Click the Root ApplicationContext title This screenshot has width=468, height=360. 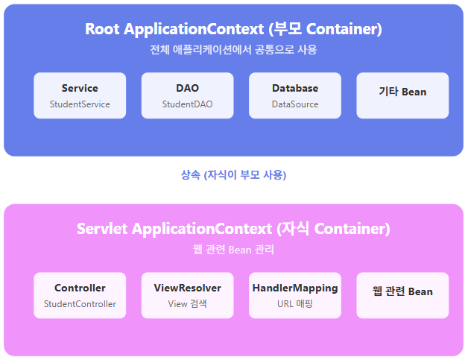pyautogui.click(x=233, y=30)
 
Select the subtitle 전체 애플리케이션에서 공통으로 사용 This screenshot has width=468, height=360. pyautogui.click(x=233, y=51)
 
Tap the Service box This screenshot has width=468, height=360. pyautogui.click(x=80, y=95)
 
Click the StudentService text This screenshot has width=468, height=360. pyautogui.click(x=80, y=104)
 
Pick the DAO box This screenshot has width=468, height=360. pyautogui.click(x=187, y=95)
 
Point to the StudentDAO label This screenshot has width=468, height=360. pyautogui.click(x=187, y=104)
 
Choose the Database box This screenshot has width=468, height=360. pyautogui.click(x=295, y=95)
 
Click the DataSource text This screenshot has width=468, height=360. pyautogui.click(x=295, y=104)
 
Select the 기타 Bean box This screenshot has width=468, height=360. pyautogui.click(x=402, y=95)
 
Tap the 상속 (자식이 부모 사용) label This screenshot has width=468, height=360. pyautogui.click(x=233, y=175)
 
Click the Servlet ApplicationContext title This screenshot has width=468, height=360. pyautogui.click(x=233, y=229)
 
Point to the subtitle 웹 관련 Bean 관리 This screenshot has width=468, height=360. pyautogui.click(x=233, y=250)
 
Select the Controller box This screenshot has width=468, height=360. pyautogui.click(x=80, y=295)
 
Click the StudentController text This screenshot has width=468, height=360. pyautogui.click(x=80, y=304)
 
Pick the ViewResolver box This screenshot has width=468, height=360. pyautogui.click(x=187, y=295)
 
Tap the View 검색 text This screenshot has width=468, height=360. pyautogui.click(x=187, y=304)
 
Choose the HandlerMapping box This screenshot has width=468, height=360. pyautogui.click(x=295, y=295)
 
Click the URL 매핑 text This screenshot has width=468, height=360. pyautogui.click(x=295, y=304)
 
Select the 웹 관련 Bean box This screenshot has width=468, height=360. pyautogui.click(x=402, y=295)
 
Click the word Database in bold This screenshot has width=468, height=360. pyautogui.click(x=295, y=89)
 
